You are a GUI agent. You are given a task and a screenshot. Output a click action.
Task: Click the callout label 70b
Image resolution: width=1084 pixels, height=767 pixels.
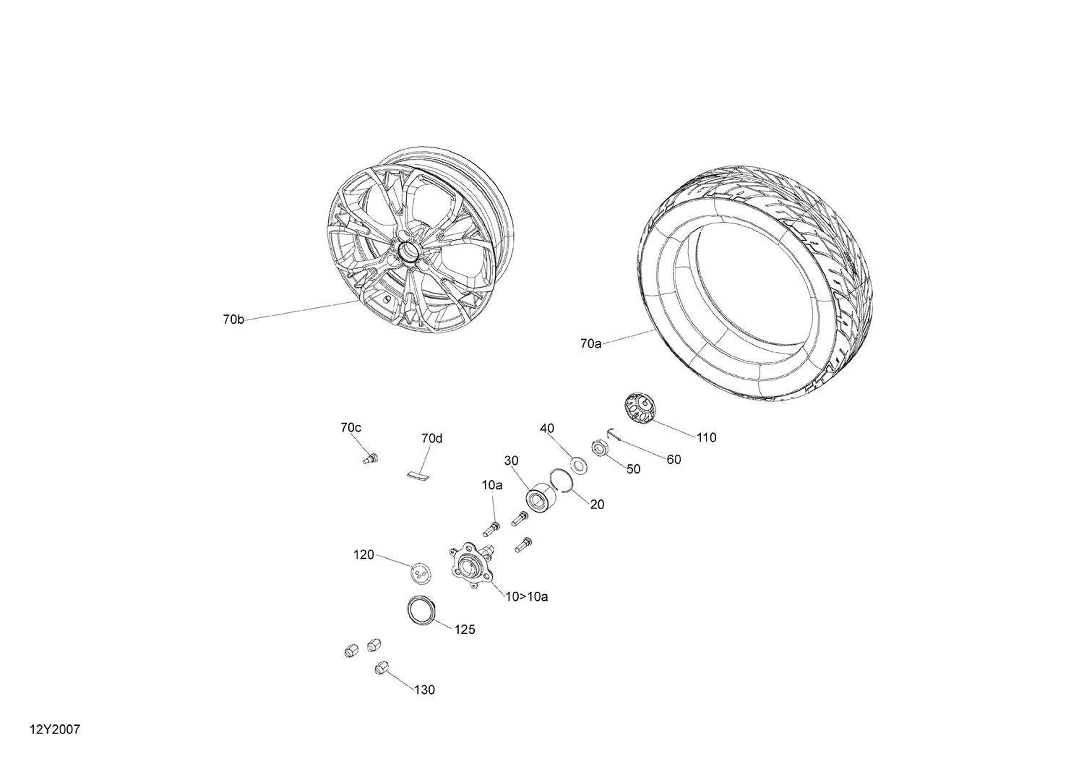click(233, 320)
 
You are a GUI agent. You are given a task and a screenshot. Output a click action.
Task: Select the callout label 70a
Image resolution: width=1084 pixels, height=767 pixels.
click(590, 344)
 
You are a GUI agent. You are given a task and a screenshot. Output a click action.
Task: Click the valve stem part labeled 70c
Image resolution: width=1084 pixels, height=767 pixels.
click(371, 458)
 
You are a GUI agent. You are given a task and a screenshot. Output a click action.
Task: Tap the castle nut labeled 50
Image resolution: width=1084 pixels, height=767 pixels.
click(600, 449)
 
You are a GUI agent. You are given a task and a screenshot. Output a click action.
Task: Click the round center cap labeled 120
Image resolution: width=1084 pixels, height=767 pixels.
click(421, 573)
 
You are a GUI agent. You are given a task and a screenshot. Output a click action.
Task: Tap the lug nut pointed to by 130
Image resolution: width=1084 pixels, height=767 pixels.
click(382, 669)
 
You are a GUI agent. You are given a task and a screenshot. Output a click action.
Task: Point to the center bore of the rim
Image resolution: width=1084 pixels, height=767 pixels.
click(407, 252)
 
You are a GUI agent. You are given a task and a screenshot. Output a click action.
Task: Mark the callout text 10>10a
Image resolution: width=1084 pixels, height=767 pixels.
click(526, 597)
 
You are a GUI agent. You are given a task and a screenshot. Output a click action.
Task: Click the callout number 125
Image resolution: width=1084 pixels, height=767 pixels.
click(465, 630)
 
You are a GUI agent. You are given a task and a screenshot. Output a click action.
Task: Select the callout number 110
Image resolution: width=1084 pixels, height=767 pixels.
click(706, 437)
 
